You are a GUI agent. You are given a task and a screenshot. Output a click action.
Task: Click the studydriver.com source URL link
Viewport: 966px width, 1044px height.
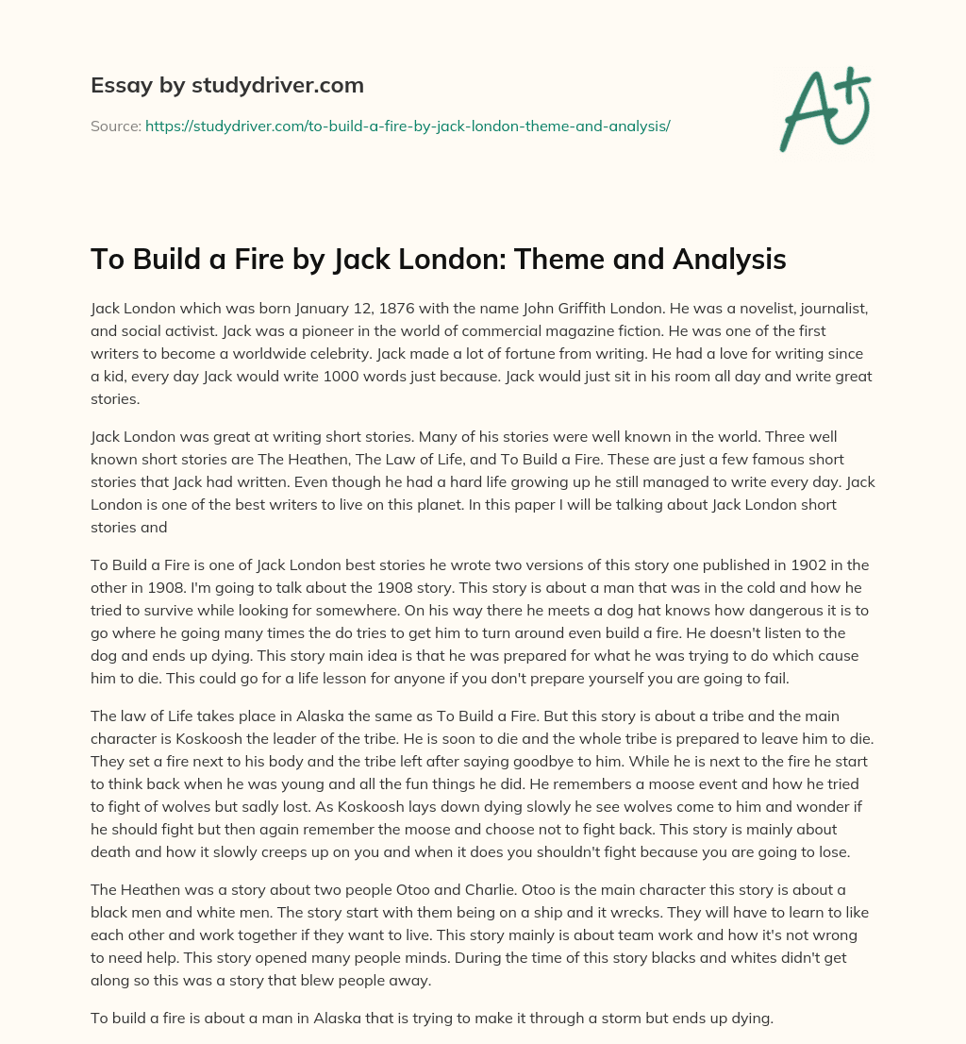pyautogui.click(x=407, y=126)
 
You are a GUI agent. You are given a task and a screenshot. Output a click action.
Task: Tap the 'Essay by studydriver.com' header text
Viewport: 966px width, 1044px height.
pyautogui.click(x=226, y=85)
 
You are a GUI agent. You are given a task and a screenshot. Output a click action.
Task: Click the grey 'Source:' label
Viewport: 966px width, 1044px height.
pyautogui.click(x=115, y=126)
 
